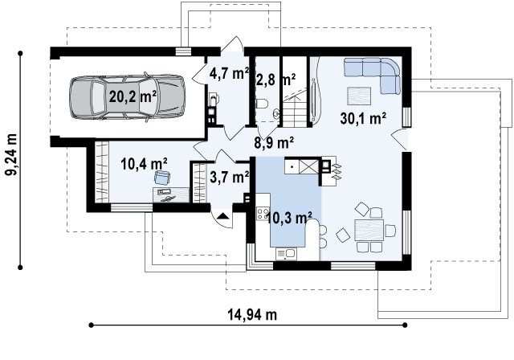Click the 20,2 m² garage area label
pyautogui.click(x=133, y=96)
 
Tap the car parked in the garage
pyautogui.click(x=128, y=97)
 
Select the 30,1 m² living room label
pyautogui.click(x=363, y=118)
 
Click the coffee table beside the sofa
pyautogui.click(x=359, y=96)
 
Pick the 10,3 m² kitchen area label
pyautogui.click(x=289, y=218)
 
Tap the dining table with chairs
pyautogui.click(x=369, y=230)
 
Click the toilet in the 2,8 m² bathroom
pyautogui.click(x=261, y=104)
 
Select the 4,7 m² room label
pyautogui.click(x=229, y=73)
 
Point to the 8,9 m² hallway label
pyautogui.click(x=274, y=143)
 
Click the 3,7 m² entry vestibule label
pyautogui.click(x=229, y=178)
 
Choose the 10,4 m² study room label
pyautogui.click(x=145, y=164)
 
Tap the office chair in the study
pyautogui.click(x=162, y=178)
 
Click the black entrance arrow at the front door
pyautogui.click(x=222, y=215)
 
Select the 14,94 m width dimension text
pyautogui.click(x=252, y=315)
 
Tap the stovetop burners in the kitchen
pyautogui.click(x=263, y=214)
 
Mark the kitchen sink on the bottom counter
pyautogui.click(x=286, y=254)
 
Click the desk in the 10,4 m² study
pyautogui.click(x=171, y=194)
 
